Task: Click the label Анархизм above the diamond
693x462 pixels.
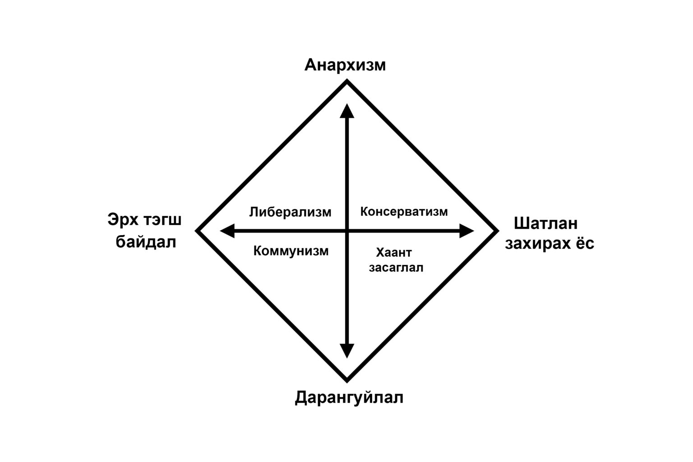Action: (345, 65)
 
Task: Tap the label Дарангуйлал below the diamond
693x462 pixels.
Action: (349, 397)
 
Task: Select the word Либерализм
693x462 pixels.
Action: (290, 213)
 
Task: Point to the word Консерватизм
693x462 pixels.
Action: (404, 212)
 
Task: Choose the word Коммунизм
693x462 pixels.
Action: (291, 251)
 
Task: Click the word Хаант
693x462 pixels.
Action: (394, 253)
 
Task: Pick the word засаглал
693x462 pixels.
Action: (396, 268)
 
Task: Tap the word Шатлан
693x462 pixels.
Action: (546, 223)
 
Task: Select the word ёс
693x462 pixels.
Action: (585, 243)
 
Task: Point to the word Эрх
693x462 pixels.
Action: (123, 220)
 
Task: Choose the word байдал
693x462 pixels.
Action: (146, 242)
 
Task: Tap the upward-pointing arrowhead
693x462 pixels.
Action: (347, 111)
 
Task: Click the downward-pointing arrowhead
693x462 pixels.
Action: (347, 351)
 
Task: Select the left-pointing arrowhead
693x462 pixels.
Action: (227, 231)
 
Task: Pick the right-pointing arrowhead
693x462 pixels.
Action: (467, 231)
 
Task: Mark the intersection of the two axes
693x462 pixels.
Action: (347, 231)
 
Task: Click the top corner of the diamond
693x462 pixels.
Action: (347, 80)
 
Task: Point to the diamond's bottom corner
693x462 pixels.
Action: (347, 382)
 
